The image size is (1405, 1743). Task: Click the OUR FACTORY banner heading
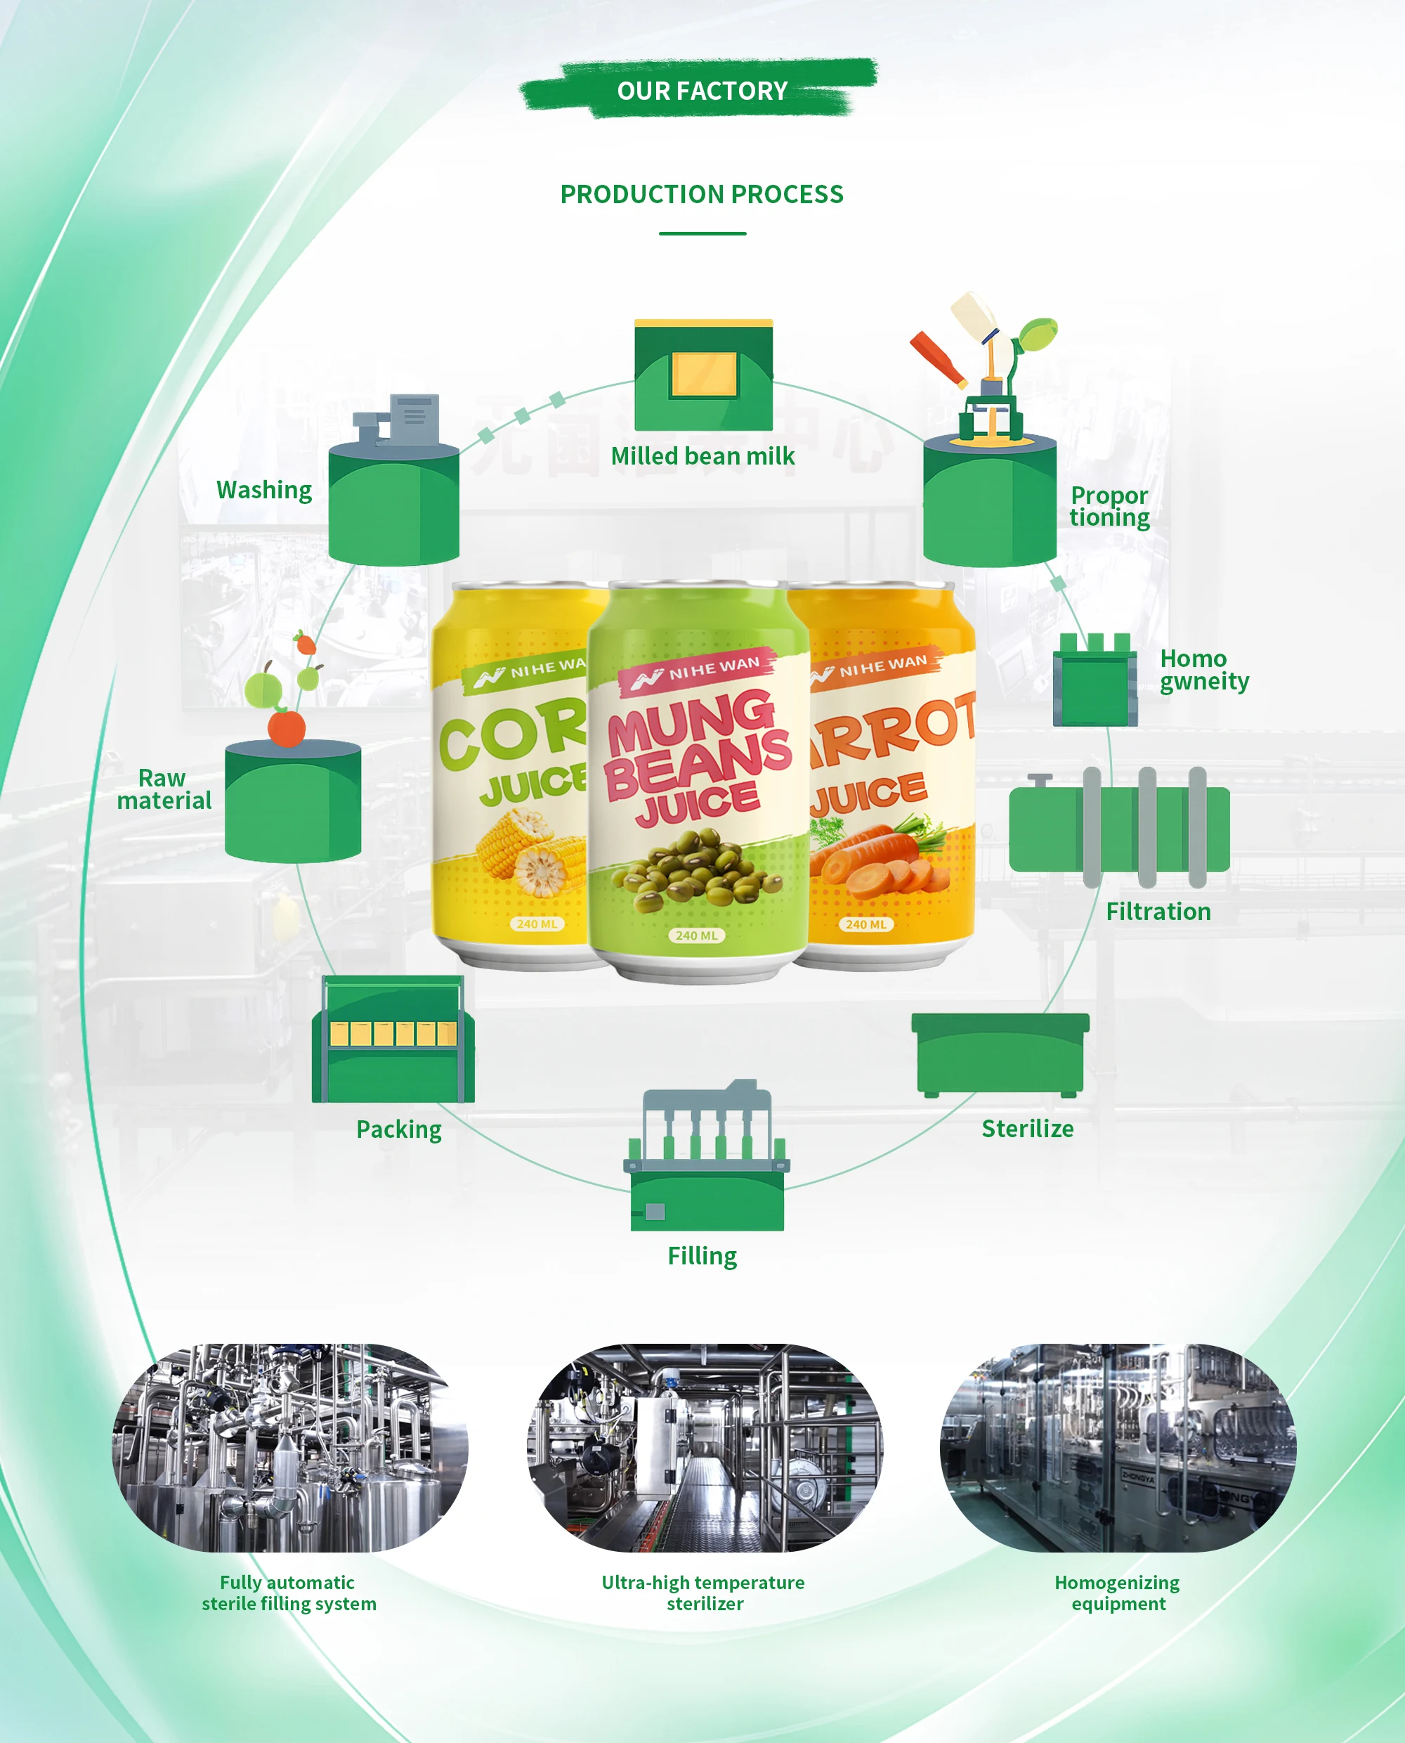tap(702, 91)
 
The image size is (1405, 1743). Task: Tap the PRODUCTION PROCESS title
tap(702, 194)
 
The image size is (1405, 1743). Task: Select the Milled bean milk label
tap(702, 457)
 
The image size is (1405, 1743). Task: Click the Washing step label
tap(264, 491)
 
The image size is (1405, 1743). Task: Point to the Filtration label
tap(1158, 912)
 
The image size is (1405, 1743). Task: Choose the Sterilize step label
tap(1027, 1129)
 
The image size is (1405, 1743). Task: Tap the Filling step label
tap(702, 1256)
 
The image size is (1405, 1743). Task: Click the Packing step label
tap(399, 1129)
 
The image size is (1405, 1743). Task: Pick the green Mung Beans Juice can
tap(698, 777)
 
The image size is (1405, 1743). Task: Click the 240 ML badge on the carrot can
tap(866, 924)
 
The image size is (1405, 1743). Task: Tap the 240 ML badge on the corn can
tap(537, 924)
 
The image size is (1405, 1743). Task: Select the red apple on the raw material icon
tap(287, 729)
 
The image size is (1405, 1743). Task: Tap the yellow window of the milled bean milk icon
tap(704, 374)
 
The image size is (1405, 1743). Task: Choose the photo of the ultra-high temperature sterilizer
tap(704, 1448)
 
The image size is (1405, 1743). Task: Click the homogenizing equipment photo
tap(1118, 1448)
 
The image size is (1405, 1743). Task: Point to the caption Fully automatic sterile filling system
tap(289, 1593)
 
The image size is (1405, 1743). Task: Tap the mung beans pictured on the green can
tap(698, 870)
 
